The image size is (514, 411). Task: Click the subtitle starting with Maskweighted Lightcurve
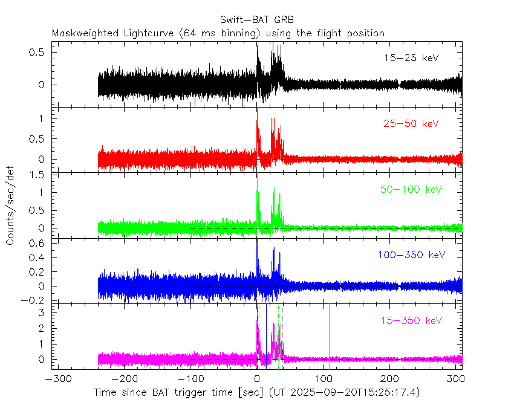tap(218, 33)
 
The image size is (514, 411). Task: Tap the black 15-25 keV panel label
tap(411, 59)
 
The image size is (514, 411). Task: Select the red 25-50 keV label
tap(411, 124)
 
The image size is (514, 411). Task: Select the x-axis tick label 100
tap(324, 380)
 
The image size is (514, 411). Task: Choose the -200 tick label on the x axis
tap(123, 380)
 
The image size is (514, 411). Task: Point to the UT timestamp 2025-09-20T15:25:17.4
tap(353, 393)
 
